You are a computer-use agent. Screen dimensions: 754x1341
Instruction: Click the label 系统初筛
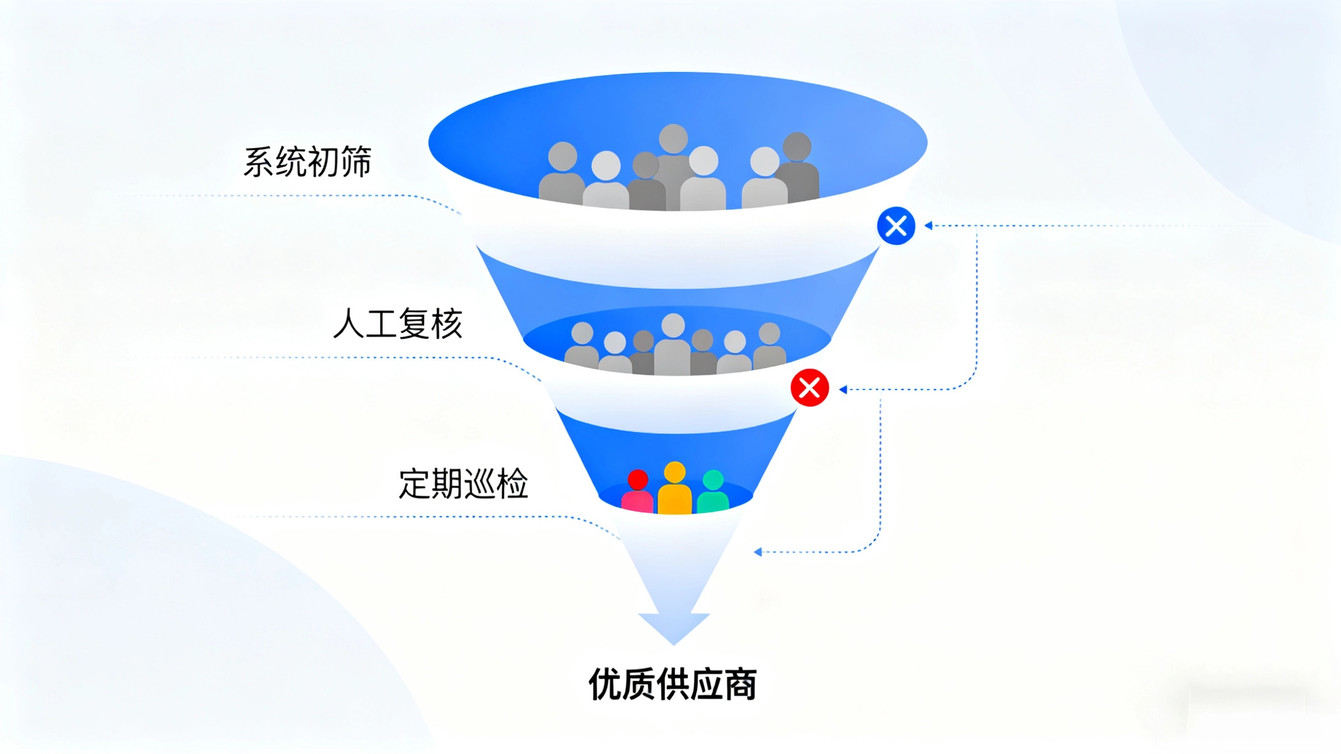click(x=307, y=162)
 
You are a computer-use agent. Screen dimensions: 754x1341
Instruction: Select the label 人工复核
click(x=397, y=324)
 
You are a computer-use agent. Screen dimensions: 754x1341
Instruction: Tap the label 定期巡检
click(x=463, y=484)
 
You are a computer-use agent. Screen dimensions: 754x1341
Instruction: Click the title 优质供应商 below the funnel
click(x=672, y=684)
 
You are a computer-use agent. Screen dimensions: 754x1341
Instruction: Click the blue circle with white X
click(x=896, y=226)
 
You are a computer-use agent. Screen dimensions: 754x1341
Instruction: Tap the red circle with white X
click(x=810, y=388)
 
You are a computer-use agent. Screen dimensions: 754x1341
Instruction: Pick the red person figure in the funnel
click(x=638, y=492)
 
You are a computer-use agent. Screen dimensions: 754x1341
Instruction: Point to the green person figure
click(x=713, y=492)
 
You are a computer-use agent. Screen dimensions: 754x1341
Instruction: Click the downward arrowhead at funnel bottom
click(x=674, y=627)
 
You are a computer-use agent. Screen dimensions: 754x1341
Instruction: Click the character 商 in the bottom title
click(x=741, y=684)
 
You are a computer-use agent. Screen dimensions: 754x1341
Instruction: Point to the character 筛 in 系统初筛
click(x=356, y=162)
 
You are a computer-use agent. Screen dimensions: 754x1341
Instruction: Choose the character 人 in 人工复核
click(x=348, y=324)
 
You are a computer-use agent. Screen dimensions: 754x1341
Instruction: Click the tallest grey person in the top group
click(x=673, y=162)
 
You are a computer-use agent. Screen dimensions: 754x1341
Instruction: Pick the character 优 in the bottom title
click(x=604, y=684)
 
